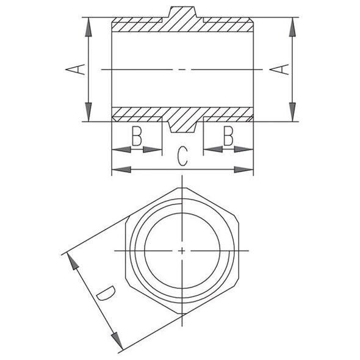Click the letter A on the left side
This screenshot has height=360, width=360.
[x=75, y=70]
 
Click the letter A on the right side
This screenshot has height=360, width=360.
[x=279, y=70]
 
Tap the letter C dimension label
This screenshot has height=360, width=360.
[x=183, y=157]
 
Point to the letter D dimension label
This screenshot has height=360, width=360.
[x=106, y=293]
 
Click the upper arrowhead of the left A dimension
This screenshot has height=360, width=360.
[x=88, y=27]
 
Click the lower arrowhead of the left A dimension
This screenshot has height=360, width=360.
[x=88, y=112]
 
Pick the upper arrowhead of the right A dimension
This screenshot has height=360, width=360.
[x=292, y=27]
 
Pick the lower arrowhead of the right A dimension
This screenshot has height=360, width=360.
[x=292, y=112]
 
